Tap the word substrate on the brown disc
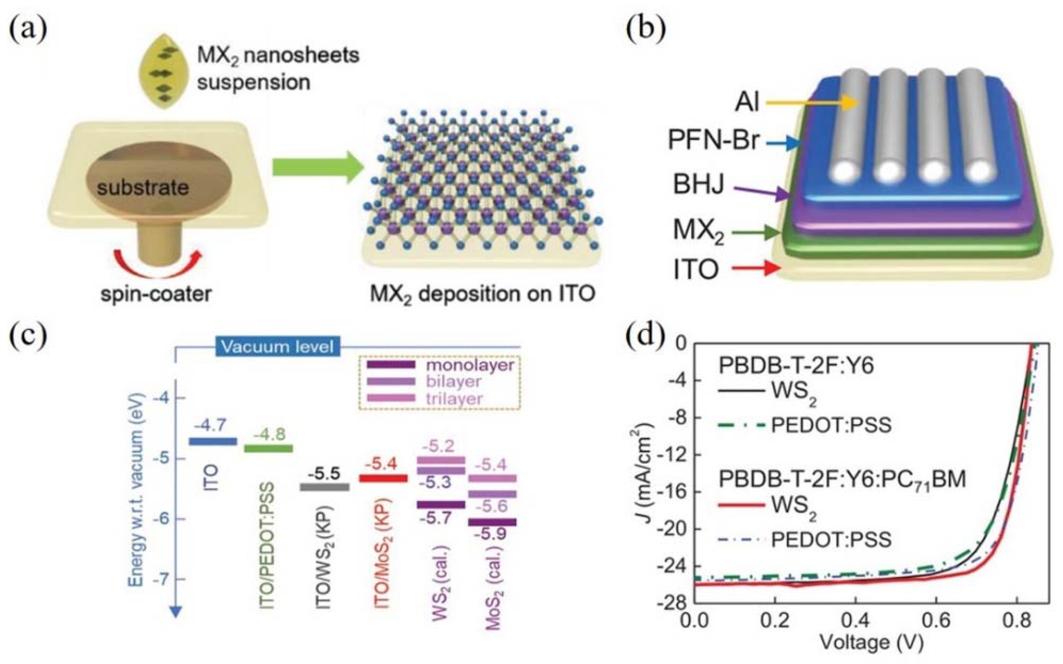(x=143, y=188)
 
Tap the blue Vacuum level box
(x=278, y=347)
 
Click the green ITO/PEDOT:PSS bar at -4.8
(x=268, y=448)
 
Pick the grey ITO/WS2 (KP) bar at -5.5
(x=325, y=487)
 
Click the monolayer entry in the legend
(x=470, y=365)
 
